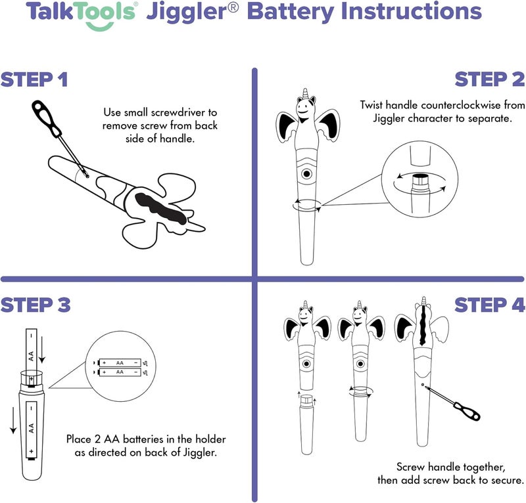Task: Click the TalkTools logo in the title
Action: tap(78, 14)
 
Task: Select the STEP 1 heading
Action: tap(34, 80)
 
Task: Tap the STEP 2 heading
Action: tap(490, 80)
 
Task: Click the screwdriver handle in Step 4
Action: tap(467, 410)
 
